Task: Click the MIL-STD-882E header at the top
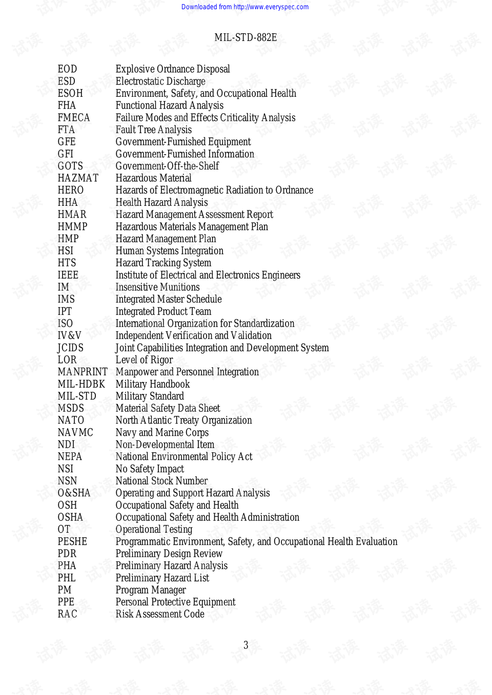click(245, 37)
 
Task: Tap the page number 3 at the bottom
click(245, 645)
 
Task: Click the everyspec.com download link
click(245, 7)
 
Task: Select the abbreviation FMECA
click(74, 118)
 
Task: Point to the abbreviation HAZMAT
click(78, 178)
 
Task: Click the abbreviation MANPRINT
click(83, 372)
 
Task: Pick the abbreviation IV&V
click(69, 335)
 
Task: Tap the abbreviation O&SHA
click(74, 493)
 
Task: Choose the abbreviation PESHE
click(72, 541)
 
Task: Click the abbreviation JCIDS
click(70, 348)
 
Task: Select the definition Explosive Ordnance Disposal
click(173, 69)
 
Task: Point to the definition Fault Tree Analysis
click(154, 130)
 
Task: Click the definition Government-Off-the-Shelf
click(167, 166)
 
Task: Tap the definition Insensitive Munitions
click(157, 287)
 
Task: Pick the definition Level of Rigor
click(144, 360)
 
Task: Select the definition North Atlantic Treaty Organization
click(183, 420)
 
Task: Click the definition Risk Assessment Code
click(160, 614)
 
